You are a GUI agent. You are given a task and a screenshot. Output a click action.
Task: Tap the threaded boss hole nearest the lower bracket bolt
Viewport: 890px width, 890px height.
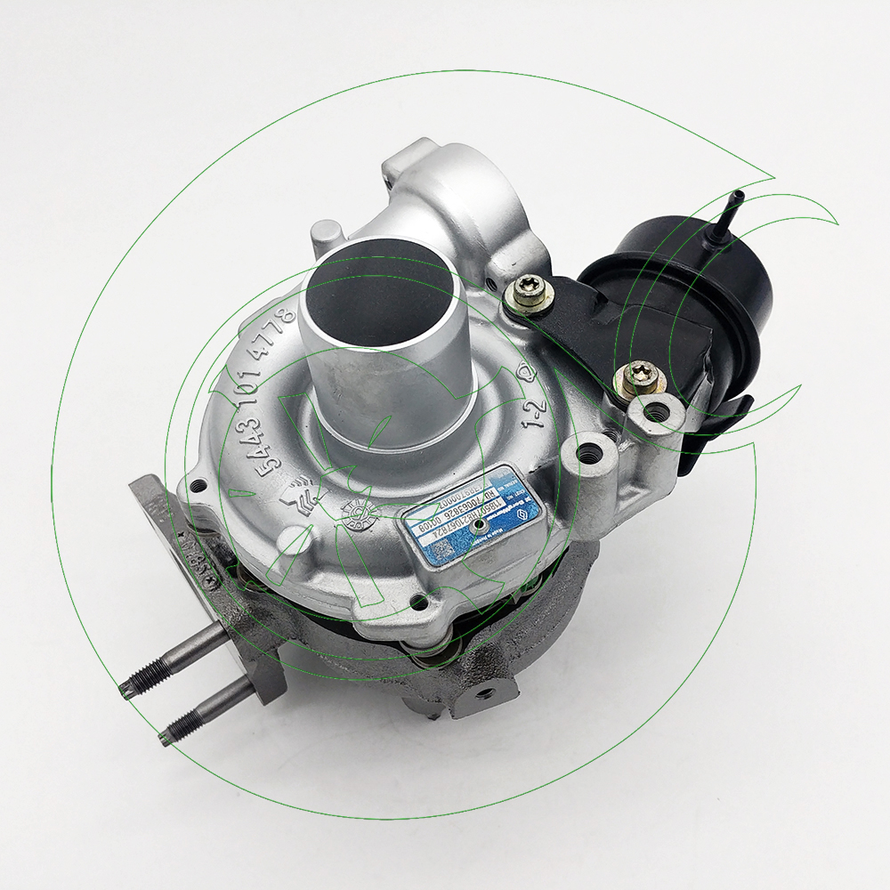[658, 412]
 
